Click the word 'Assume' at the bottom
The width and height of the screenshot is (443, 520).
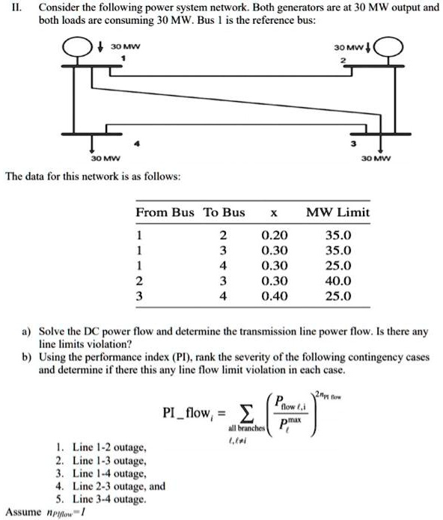[x=22, y=512]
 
